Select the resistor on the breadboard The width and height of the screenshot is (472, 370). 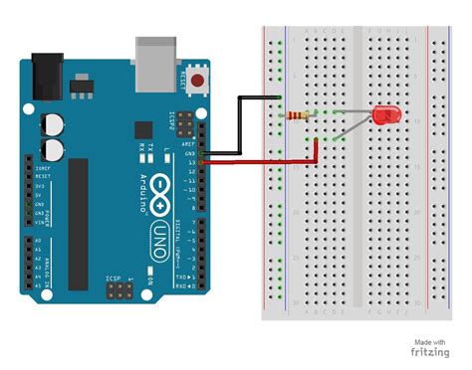(x=296, y=115)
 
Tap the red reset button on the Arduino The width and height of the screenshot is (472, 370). (x=203, y=80)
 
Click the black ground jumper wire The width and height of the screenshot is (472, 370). (x=239, y=124)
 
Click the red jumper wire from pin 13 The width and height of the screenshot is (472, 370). (x=269, y=160)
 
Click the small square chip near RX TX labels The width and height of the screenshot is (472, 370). (x=142, y=129)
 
